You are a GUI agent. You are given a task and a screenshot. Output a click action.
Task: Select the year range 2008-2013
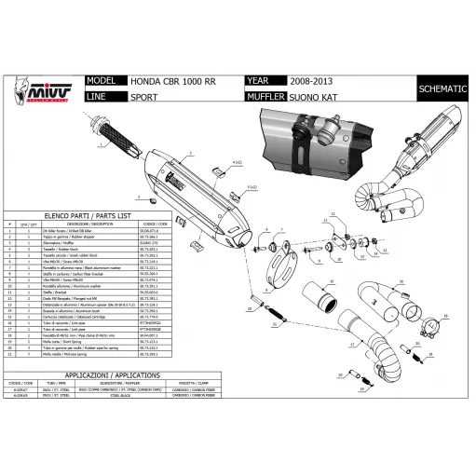(309, 81)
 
